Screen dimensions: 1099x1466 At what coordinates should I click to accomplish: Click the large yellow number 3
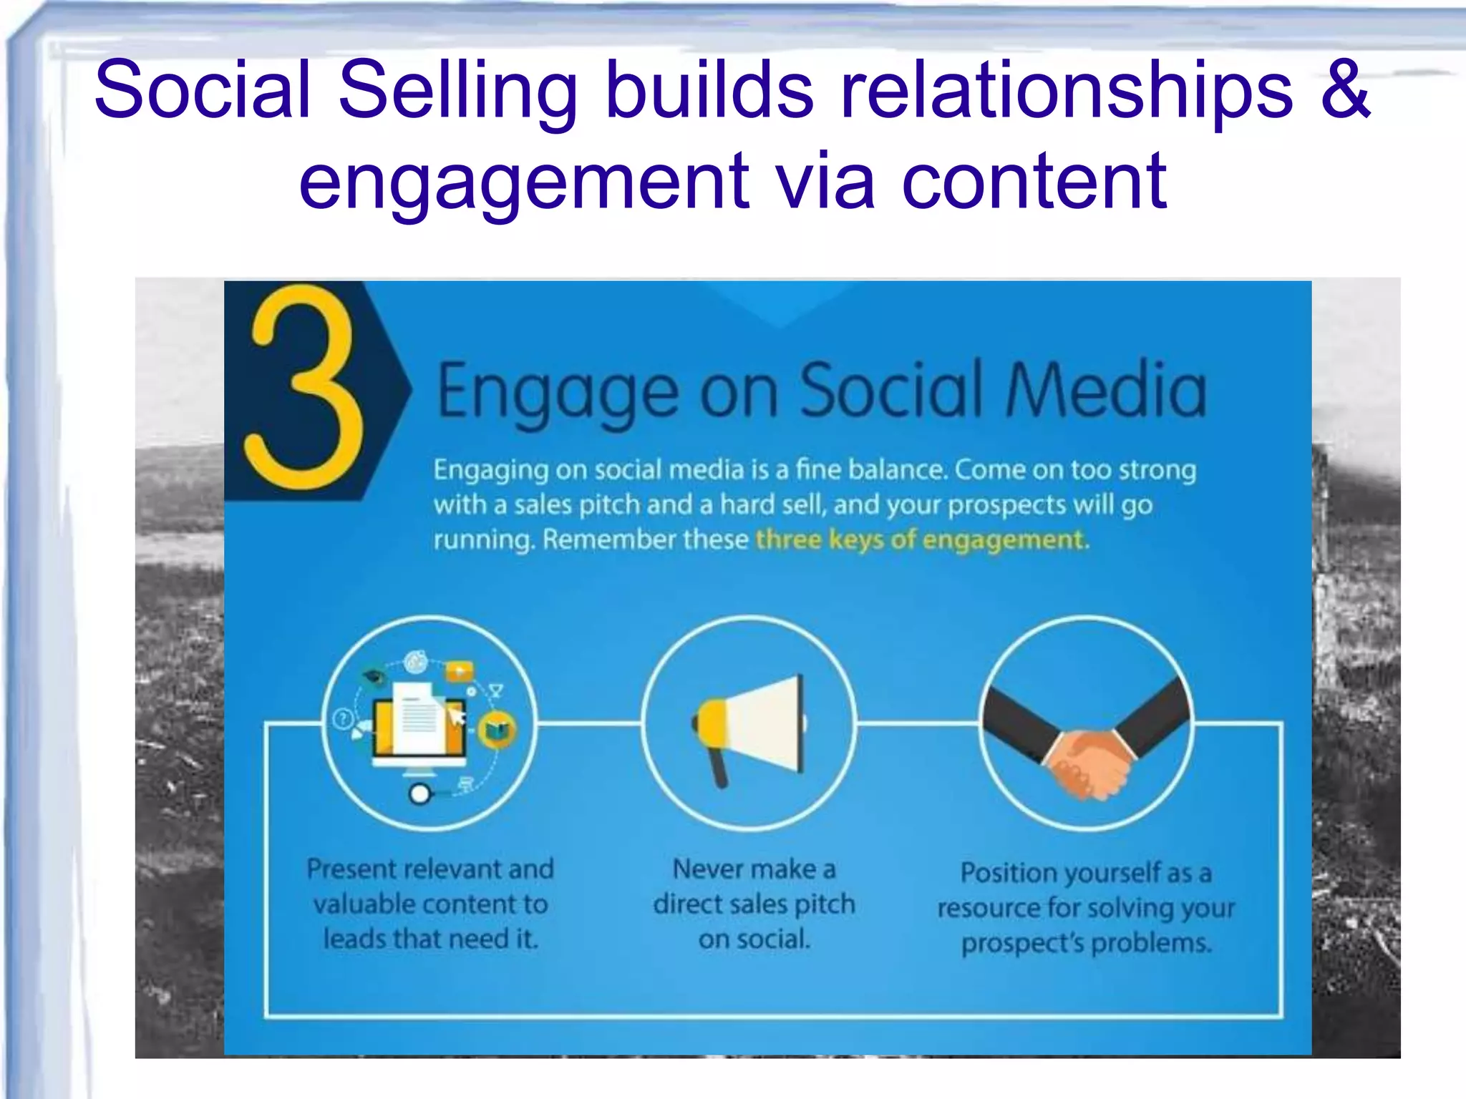pyautogui.click(x=304, y=386)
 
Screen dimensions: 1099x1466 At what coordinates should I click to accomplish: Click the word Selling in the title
pyautogui.click(x=457, y=91)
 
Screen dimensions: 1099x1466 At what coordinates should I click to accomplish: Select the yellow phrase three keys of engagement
pyautogui.click(x=922, y=539)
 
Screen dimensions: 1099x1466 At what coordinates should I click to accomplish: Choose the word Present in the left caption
pyautogui.click(x=351, y=869)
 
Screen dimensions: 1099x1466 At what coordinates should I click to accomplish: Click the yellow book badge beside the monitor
pyautogui.click(x=497, y=731)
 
